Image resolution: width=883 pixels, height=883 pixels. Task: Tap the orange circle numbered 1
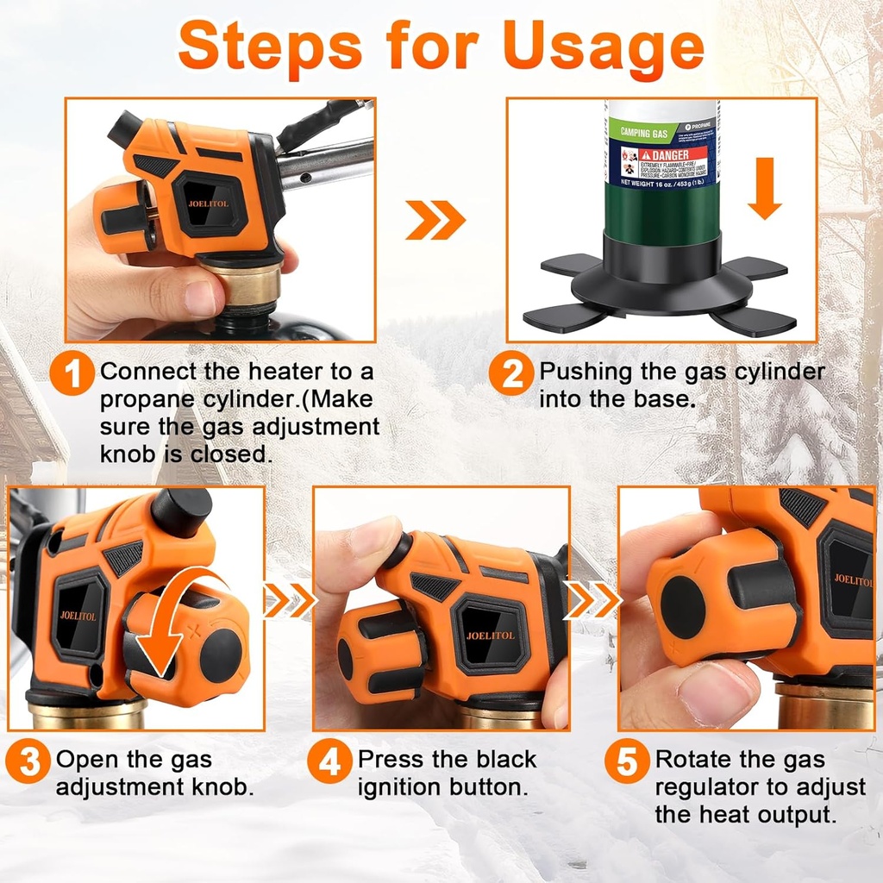74,376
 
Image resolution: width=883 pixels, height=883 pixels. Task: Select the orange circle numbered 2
512,376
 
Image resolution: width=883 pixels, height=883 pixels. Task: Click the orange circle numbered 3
28,762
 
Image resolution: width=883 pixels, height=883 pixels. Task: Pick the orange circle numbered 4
330,762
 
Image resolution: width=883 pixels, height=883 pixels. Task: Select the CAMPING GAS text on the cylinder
647,134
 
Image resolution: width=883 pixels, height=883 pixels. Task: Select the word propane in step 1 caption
141,400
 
